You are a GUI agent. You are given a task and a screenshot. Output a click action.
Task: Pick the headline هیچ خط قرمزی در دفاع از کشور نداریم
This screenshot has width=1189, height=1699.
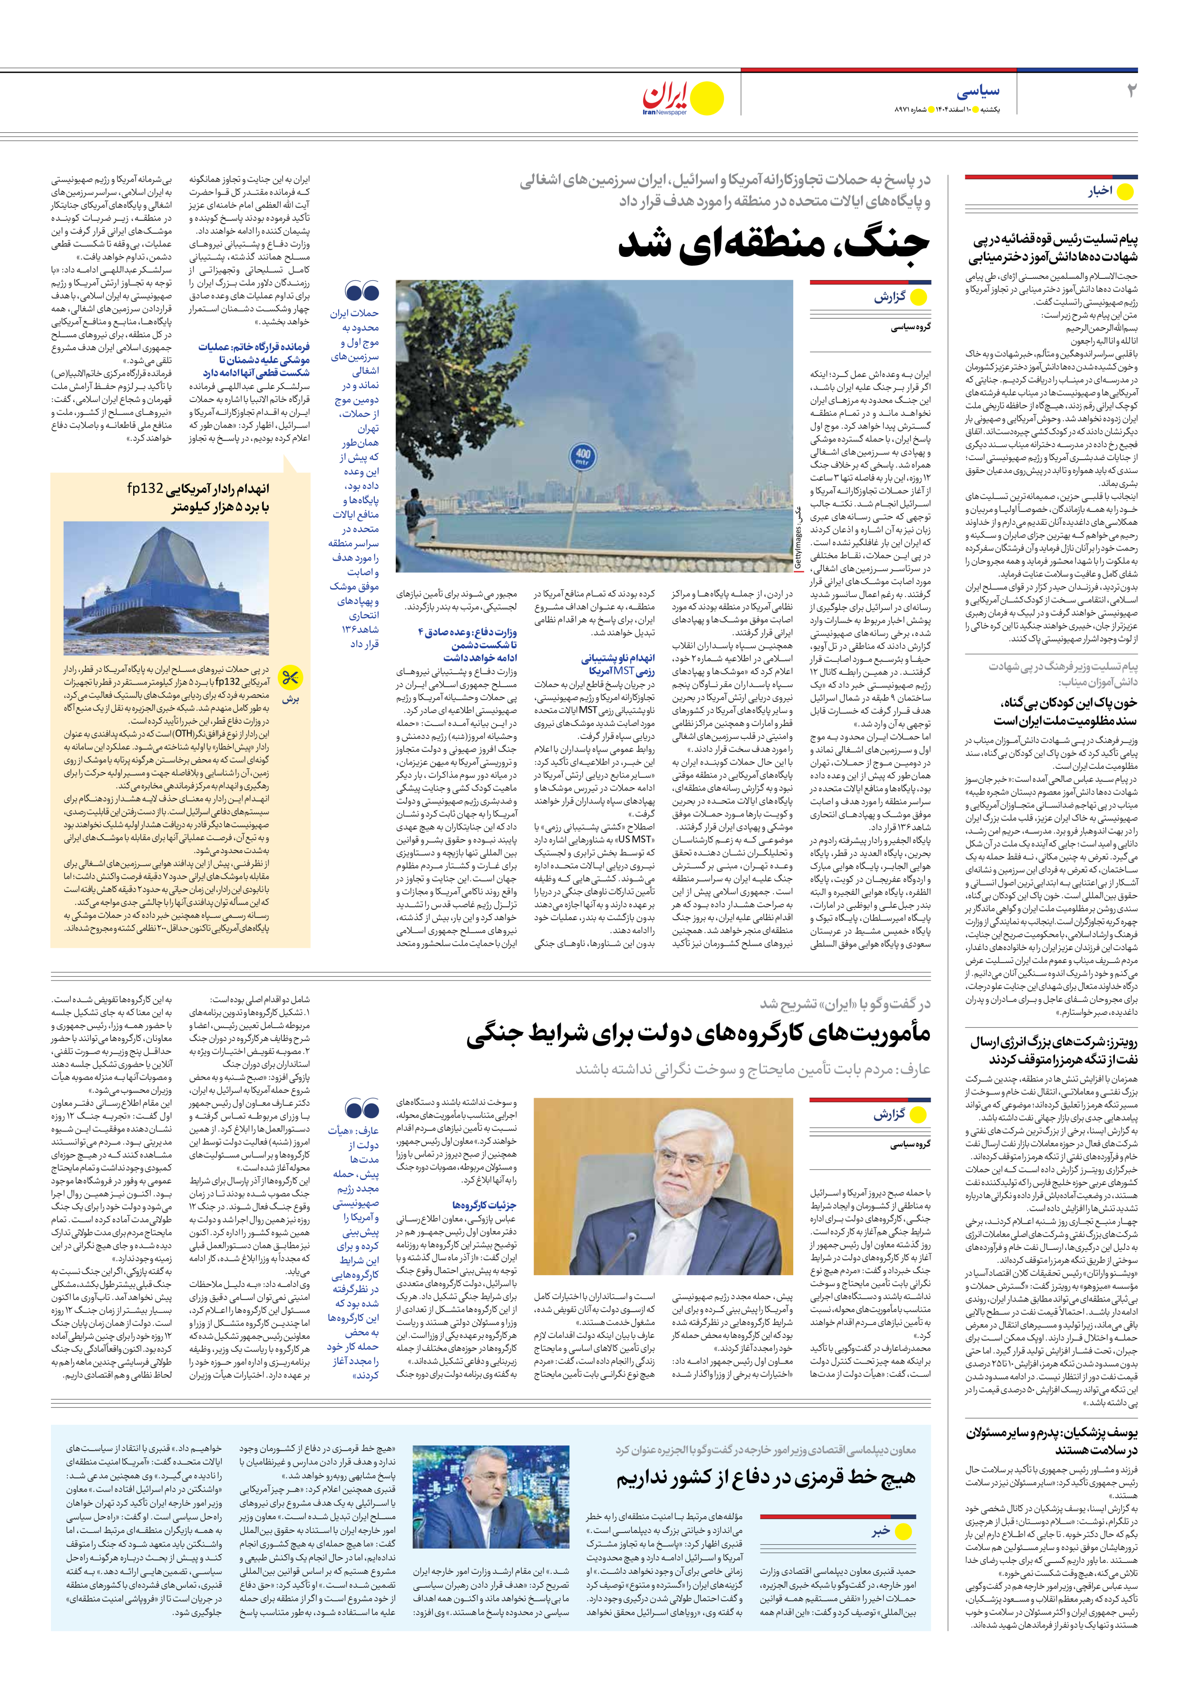click(x=766, y=1479)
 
